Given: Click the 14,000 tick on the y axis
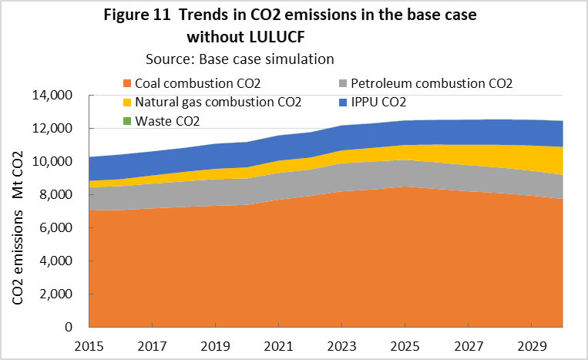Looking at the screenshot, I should coord(52,96).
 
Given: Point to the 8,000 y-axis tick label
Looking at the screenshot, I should coord(55,195).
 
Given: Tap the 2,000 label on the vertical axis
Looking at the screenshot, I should coord(55,294).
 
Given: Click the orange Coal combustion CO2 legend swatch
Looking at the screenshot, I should coord(127,83).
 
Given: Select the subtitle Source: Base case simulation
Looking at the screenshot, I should coord(240,59).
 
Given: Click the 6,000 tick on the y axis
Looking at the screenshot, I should coord(55,228).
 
